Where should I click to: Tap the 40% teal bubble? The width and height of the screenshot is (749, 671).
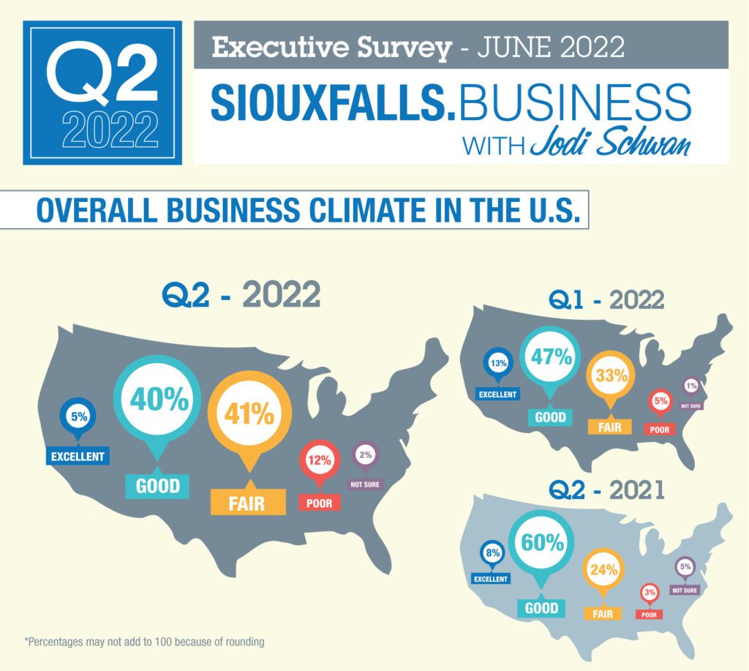tap(157, 399)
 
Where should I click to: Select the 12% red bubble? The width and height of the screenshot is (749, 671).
tap(319, 461)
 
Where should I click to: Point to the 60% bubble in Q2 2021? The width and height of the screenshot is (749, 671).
tap(542, 543)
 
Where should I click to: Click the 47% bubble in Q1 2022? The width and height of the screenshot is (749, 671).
tap(551, 358)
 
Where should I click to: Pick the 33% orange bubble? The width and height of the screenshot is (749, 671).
tap(611, 376)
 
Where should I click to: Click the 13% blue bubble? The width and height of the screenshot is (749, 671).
tap(497, 363)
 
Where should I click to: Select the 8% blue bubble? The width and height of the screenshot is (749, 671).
tap(492, 553)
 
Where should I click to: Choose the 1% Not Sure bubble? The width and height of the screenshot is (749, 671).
tap(690, 386)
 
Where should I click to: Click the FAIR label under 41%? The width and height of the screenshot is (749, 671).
tap(246, 503)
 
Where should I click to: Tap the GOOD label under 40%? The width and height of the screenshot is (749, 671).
tap(157, 486)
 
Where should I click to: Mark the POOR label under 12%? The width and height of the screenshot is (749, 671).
tap(319, 503)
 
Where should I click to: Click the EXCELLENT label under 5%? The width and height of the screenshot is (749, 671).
tap(78, 457)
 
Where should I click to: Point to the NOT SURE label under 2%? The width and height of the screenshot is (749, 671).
tap(365, 484)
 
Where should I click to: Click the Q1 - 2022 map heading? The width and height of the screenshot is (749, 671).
tap(606, 300)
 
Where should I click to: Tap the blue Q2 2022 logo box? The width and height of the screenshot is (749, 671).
tap(102, 92)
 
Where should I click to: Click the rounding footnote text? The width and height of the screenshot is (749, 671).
tap(144, 642)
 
